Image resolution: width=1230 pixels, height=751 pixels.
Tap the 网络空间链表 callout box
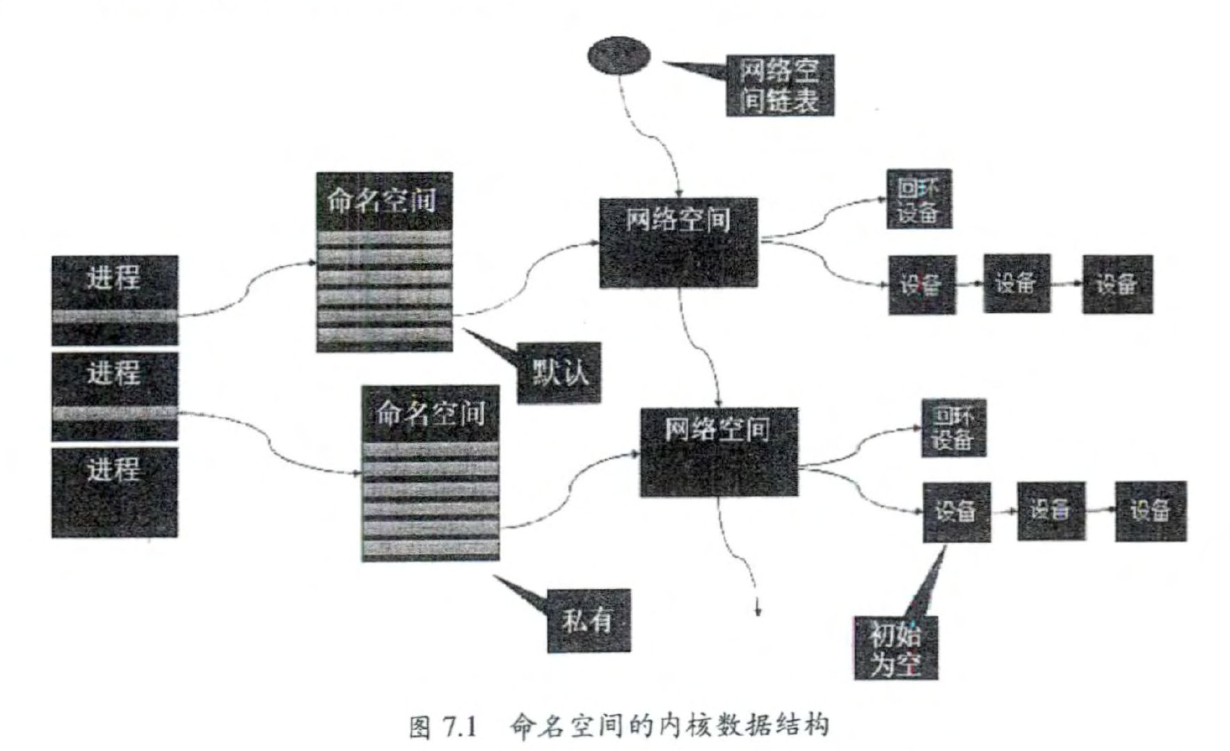click(x=779, y=86)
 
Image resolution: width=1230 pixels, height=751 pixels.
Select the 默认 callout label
click(x=559, y=373)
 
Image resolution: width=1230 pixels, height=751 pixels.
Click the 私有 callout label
click(x=589, y=620)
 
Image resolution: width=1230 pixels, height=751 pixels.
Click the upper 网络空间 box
click(x=678, y=242)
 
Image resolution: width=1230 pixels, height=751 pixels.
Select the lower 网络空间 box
click(x=719, y=452)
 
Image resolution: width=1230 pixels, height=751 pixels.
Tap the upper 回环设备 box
click(x=918, y=199)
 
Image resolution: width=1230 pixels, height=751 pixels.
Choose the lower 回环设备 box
click(x=953, y=428)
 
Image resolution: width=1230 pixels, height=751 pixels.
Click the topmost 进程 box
click(x=115, y=299)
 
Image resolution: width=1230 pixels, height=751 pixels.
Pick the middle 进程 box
click(x=115, y=396)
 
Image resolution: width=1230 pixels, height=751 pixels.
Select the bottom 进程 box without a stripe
click(x=115, y=492)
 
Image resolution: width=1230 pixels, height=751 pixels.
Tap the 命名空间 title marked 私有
click(x=430, y=414)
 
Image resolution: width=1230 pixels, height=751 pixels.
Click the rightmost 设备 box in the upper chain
click(x=1117, y=284)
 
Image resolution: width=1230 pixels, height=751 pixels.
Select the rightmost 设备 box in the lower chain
click(x=1150, y=511)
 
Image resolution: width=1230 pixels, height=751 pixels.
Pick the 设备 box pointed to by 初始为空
click(x=956, y=512)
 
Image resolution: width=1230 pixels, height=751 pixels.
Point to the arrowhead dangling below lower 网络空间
click(x=758, y=611)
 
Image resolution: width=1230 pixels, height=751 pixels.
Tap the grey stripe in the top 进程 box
click(x=115, y=316)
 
